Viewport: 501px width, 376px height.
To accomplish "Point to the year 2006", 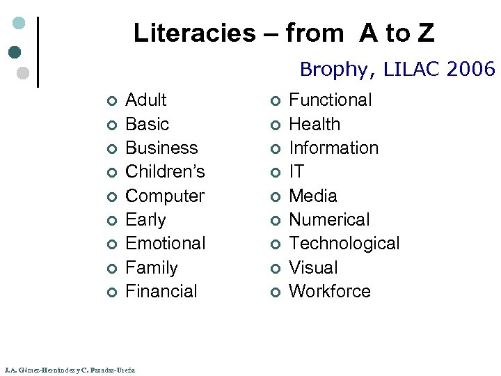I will tap(472, 69).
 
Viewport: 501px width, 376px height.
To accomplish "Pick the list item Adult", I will tap(145, 100).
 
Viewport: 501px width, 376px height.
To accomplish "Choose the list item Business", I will tap(161, 148).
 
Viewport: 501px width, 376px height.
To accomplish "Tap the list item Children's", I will tap(165, 171).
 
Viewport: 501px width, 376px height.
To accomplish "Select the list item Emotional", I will tap(165, 243).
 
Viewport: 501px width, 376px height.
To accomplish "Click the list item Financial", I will tap(161, 291).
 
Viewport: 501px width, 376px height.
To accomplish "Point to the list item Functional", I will tap(330, 100).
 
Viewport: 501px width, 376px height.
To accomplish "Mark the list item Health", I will tap(315, 124).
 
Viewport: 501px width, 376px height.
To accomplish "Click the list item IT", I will tap(296, 171).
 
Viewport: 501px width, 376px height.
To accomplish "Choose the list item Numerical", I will tap(329, 219).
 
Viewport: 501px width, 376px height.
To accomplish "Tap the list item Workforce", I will tap(329, 291).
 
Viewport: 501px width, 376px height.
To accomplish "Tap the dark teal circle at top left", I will tap(15, 52).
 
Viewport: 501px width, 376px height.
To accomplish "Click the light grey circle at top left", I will tap(22, 72).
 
